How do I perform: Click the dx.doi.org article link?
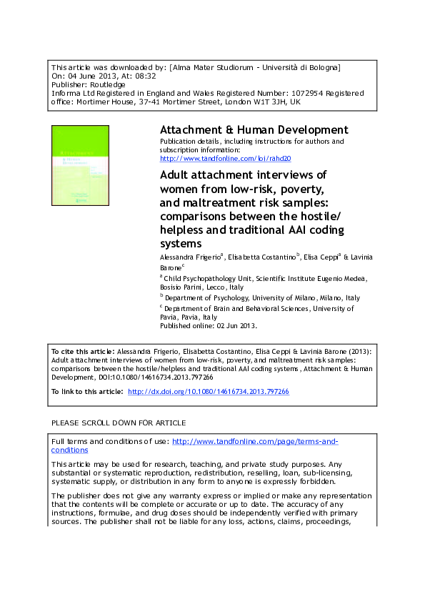(x=208, y=392)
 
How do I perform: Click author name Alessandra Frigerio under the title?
(x=190, y=255)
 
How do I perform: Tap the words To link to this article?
(x=86, y=392)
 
